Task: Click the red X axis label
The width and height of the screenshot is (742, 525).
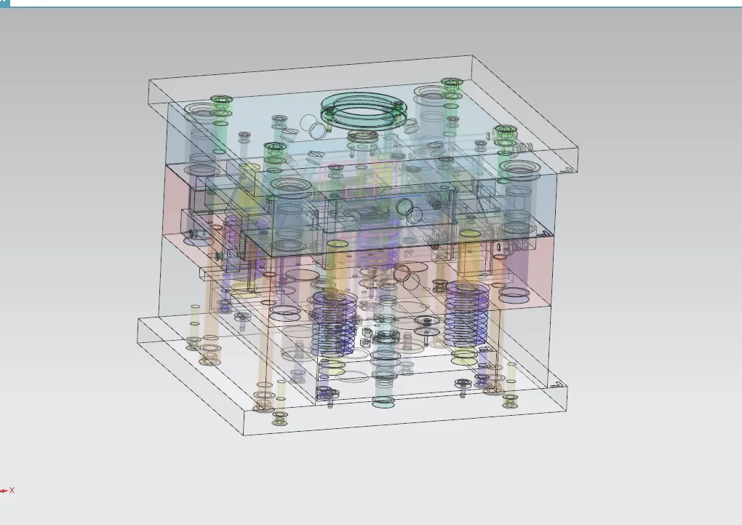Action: tap(12, 491)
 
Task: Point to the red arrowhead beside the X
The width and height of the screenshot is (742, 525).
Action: tap(4, 491)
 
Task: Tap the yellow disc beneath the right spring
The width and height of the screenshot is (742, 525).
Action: tap(465, 356)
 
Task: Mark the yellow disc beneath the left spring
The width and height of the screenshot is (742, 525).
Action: tap(332, 366)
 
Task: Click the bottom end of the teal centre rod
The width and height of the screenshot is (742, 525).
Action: tap(383, 402)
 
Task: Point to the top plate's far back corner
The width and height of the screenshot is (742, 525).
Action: tap(474, 56)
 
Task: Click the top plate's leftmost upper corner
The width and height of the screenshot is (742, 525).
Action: tap(149, 79)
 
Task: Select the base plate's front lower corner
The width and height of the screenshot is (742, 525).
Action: tap(244, 435)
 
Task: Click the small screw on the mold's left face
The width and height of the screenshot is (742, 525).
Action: tap(191, 234)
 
